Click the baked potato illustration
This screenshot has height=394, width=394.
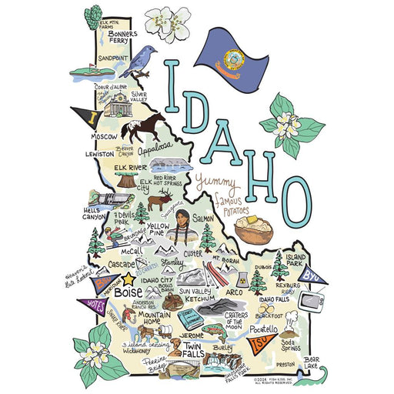coord(255,229)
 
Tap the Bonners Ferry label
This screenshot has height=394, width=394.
coord(123,38)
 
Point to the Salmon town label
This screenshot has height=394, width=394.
coord(205,219)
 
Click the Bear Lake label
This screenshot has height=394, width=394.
coord(310,361)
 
